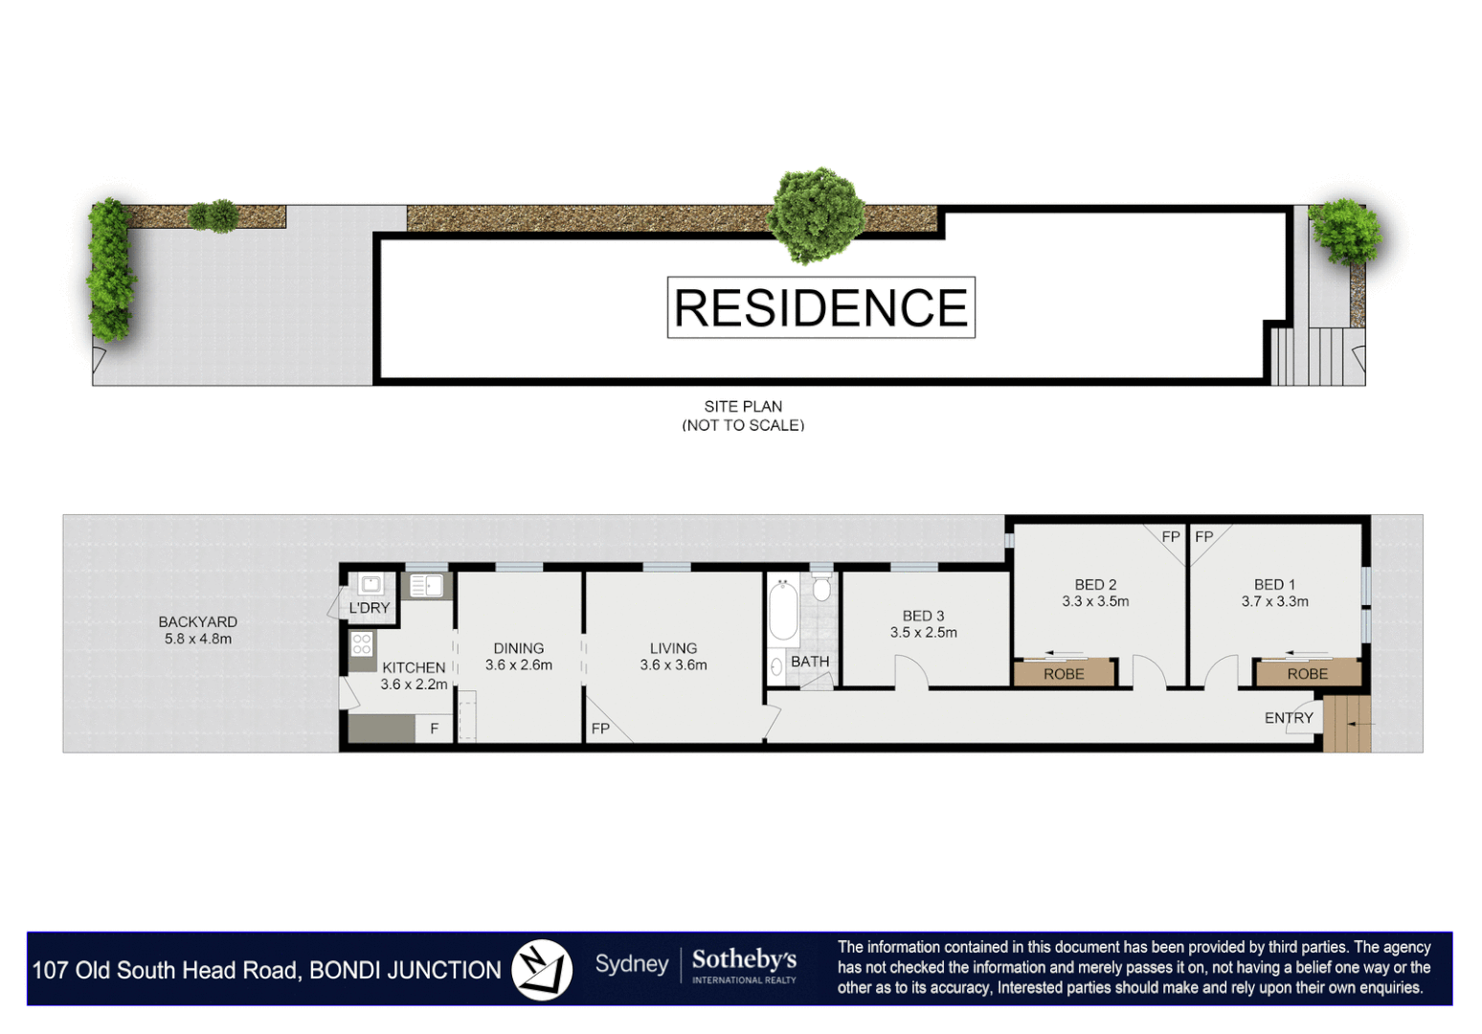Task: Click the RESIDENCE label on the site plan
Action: click(820, 307)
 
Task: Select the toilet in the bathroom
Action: click(821, 588)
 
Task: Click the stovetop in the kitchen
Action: click(362, 644)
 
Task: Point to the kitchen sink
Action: click(426, 585)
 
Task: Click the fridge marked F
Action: click(434, 729)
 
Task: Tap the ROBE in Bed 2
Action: click(1064, 674)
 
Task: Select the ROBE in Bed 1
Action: click(1307, 674)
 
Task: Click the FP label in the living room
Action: click(600, 729)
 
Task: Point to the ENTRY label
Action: click(1289, 718)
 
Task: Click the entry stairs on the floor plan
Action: click(1348, 724)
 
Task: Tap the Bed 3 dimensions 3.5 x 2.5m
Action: click(923, 633)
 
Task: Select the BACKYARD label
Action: click(198, 622)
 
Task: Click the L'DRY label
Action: click(370, 608)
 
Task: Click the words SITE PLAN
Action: click(743, 407)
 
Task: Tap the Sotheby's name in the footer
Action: click(744, 959)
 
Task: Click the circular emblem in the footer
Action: click(542, 969)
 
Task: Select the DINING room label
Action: click(519, 648)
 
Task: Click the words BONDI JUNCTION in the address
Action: click(405, 971)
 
